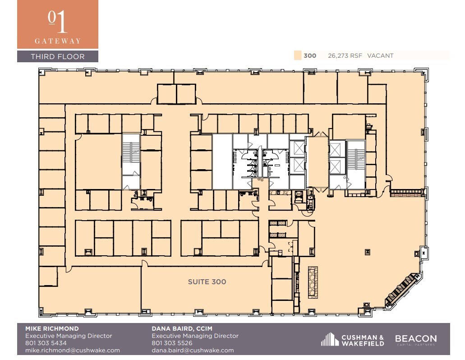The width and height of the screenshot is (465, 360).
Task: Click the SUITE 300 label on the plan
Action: click(207, 282)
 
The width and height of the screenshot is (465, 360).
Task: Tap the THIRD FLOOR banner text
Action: click(57, 56)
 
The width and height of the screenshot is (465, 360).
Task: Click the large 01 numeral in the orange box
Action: click(57, 21)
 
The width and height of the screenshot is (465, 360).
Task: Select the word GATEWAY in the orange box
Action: click(57, 41)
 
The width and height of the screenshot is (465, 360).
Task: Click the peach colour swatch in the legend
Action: click(297, 55)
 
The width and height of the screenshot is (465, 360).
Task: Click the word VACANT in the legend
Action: click(380, 56)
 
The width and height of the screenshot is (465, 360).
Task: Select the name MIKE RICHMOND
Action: click(51, 328)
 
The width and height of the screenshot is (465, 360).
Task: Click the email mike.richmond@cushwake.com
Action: click(72, 350)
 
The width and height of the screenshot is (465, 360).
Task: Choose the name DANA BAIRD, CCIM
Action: click(182, 328)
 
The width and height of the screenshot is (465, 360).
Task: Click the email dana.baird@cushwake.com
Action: click(193, 350)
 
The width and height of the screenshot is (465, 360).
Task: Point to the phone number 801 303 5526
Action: click(172, 343)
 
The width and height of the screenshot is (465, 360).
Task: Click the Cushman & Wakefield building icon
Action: click(330, 339)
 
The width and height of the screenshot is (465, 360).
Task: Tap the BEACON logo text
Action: click(415, 338)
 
